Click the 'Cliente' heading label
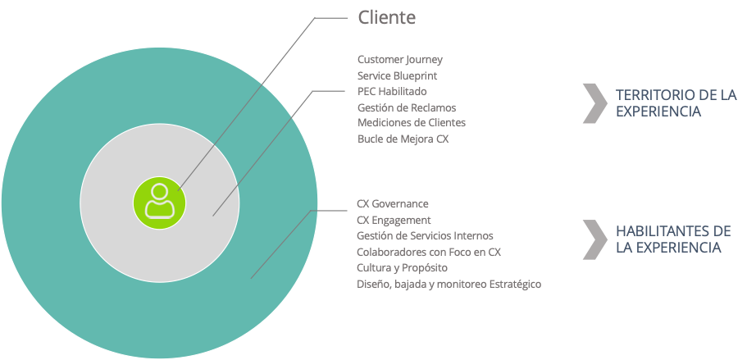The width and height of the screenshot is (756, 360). tap(386, 17)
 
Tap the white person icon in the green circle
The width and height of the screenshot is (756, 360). tap(160, 201)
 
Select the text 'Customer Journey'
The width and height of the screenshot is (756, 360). tap(400, 60)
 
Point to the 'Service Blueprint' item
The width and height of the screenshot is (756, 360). tap(398, 75)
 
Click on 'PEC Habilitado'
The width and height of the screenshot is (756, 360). tap(392, 91)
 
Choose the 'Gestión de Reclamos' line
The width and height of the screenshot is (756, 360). tap(407, 107)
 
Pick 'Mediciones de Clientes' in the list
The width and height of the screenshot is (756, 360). tap(412, 123)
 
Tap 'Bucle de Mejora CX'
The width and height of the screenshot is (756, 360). tap(403, 139)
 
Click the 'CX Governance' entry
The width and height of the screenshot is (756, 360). tap(393, 203)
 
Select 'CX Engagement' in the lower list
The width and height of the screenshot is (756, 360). tap(394, 220)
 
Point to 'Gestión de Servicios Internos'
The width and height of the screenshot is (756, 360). tap(425, 235)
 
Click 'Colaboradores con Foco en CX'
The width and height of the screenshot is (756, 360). tap(429, 252)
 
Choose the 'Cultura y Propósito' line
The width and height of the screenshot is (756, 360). tap(402, 267)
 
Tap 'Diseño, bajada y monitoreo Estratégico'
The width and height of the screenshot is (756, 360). tap(449, 284)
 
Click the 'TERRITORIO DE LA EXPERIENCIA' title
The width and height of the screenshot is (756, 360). tap(676, 103)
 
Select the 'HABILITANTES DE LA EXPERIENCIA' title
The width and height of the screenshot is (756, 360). tap(672, 239)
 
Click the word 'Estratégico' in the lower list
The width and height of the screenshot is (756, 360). tap(512, 284)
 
